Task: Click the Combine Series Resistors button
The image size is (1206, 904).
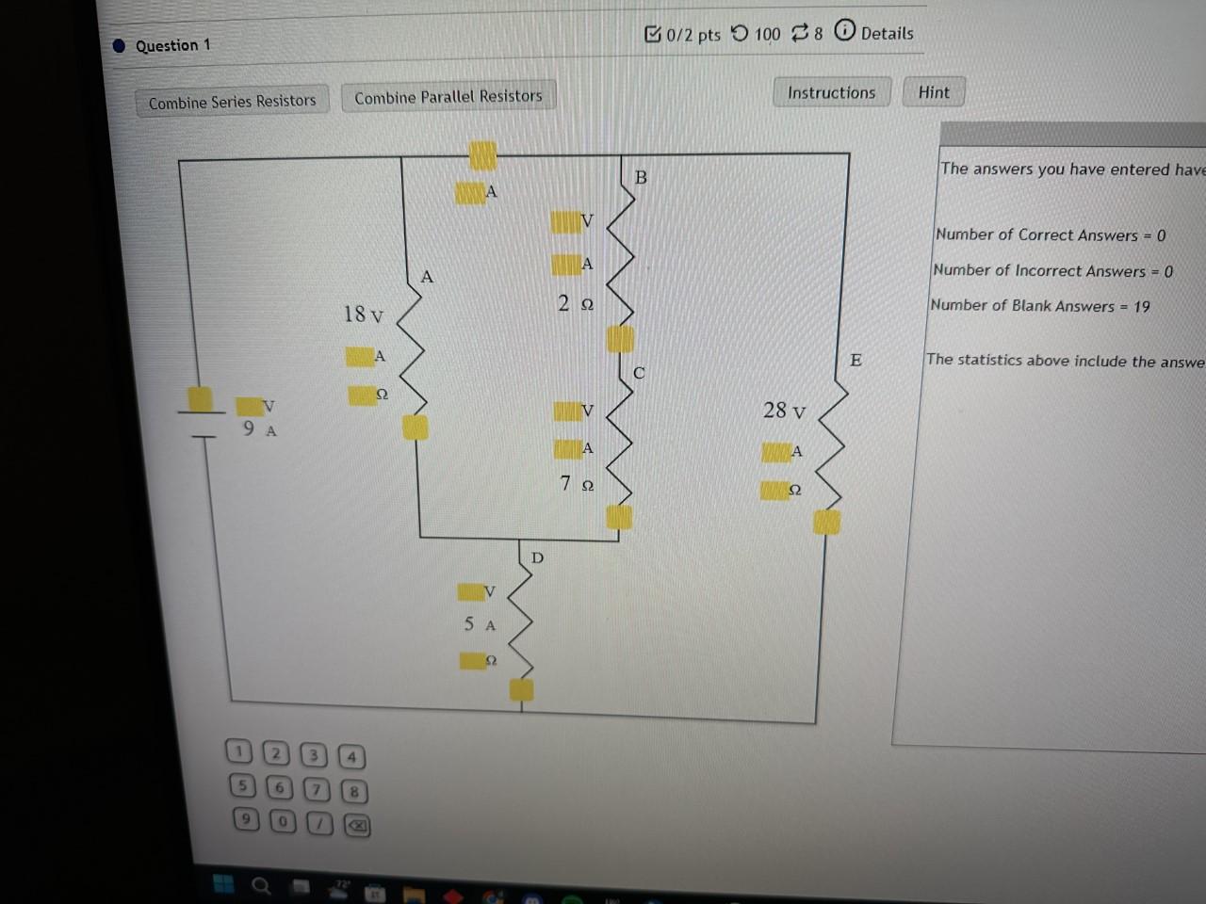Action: [x=232, y=102]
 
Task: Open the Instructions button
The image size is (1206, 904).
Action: [x=831, y=92]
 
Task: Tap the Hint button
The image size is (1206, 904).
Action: [x=934, y=92]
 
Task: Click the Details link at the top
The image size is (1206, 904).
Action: [x=887, y=34]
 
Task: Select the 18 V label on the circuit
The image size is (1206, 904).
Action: [x=364, y=315]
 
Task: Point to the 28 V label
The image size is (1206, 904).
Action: [x=784, y=411]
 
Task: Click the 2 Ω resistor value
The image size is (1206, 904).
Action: [x=575, y=303]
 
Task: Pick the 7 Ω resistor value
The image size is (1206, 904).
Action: [x=577, y=484]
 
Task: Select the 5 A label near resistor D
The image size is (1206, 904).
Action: [x=480, y=624]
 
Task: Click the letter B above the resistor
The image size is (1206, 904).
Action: [x=641, y=177]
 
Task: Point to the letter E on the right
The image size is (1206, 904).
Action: [x=856, y=360]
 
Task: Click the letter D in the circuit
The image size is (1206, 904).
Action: [x=537, y=557]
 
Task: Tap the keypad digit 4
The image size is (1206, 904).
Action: [x=351, y=756]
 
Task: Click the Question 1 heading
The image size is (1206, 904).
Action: [x=172, y=45]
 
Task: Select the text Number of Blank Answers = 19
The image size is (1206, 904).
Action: [x=1040, y=306]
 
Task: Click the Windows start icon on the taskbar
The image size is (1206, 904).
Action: [x=223, y=883]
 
